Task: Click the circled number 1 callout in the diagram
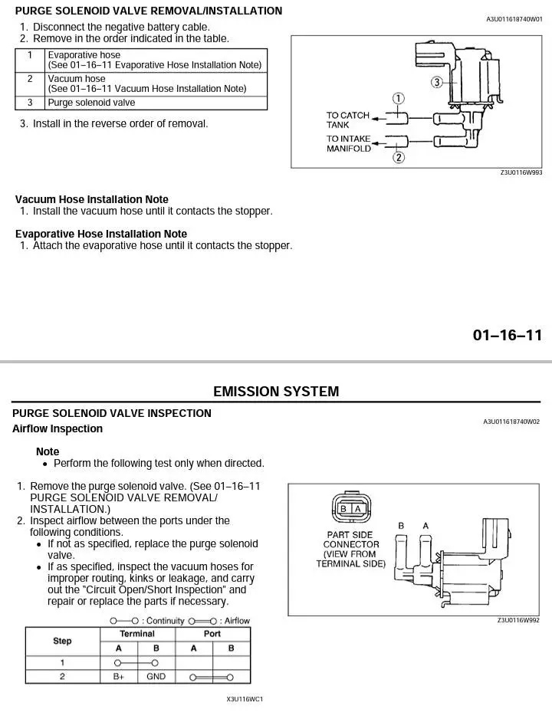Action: tap(398, 99)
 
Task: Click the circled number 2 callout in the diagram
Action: tap(399, 157)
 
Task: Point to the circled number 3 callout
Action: tap(437, 83)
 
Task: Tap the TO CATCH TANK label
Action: tap(348, 120)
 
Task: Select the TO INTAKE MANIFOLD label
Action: tap(349, 143)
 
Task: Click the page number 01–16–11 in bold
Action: tap(508, 335)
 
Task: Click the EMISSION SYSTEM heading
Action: tap(276, 392)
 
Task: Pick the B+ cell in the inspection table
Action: tap(119, 677)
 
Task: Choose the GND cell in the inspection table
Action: tap(156, 677)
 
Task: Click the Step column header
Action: tap(62, 641)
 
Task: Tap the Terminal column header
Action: tap(137, 634)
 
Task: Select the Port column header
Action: tap(212, 634)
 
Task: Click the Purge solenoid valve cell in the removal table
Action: tap(92, 103)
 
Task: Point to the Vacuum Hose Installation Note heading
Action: tap(92, 199)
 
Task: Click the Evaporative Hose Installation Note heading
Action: tap(101, 234)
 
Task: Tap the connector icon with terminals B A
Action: tap(351, 508)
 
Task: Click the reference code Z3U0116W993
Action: tap(521, 172)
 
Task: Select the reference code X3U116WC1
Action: tap(245, 699)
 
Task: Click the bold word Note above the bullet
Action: tap(48, 451)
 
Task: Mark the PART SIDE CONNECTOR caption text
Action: tap(350, 549)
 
